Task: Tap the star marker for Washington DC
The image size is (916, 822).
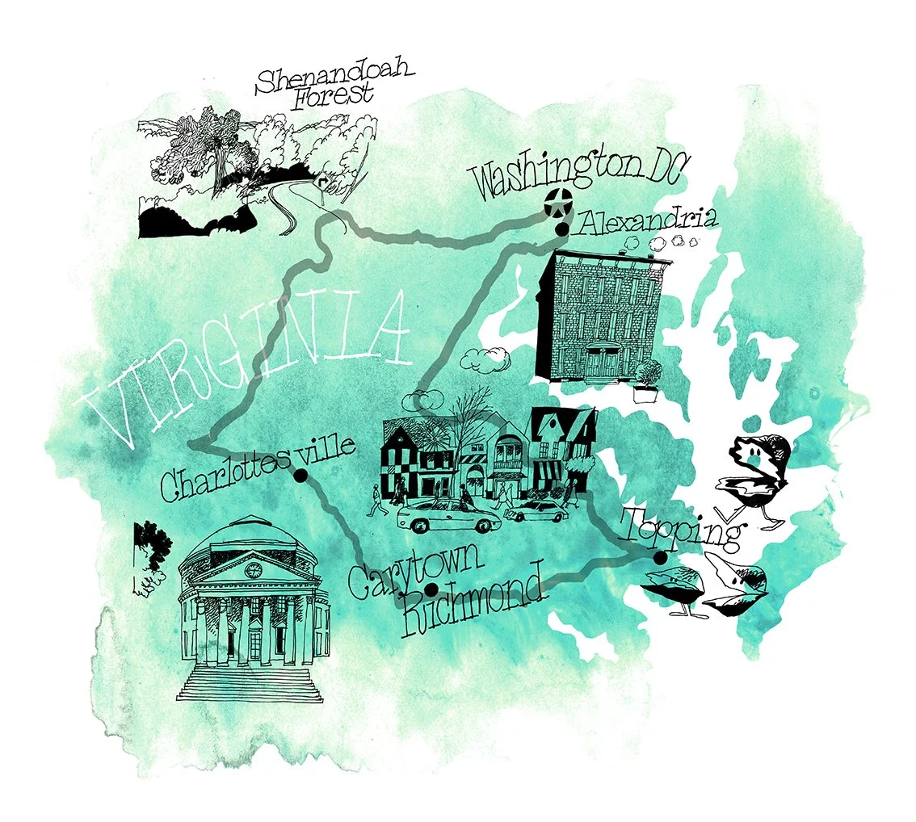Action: click(x=555, y=203)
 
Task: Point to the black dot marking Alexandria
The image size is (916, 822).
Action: click(x=561, y=230)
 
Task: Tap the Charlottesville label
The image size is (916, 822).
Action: click(x=257, y=470)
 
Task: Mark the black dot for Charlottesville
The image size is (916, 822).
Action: click(x=300, y=477)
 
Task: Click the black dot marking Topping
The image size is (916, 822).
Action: click(x=660, y=558)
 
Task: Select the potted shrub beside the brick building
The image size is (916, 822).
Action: click(x=648, y=380)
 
